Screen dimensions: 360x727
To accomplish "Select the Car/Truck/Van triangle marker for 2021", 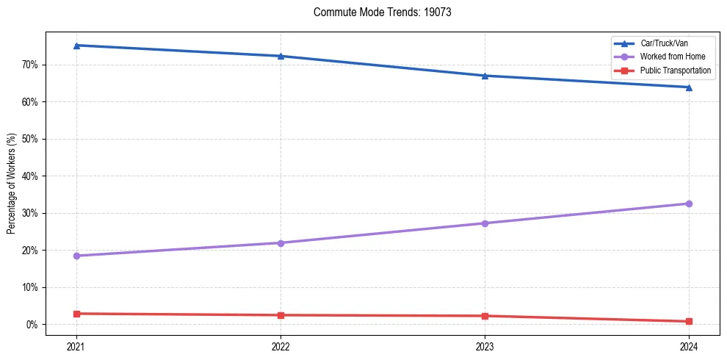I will pos(76,46).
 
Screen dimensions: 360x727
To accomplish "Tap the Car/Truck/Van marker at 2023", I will pos(485,76).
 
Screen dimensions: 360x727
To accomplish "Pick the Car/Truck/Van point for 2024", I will pos(689,87).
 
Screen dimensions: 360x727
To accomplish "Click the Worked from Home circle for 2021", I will pos(76,256).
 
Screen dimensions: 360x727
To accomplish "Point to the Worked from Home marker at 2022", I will pos(281,242).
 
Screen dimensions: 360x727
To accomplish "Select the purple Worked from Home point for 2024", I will pos(689,204).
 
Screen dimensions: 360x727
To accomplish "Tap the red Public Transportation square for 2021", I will pos(76,314).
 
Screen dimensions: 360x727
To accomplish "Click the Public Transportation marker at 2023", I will pos(485,316).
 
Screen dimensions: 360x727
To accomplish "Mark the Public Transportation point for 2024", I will pos(689,321).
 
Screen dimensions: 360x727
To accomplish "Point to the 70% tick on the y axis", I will pos(31,65).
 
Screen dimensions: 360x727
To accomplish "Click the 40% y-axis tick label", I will pos(31,176).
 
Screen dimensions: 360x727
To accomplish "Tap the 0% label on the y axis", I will pos(33,325).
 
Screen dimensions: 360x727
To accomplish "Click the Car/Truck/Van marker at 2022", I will pos(281,56).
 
